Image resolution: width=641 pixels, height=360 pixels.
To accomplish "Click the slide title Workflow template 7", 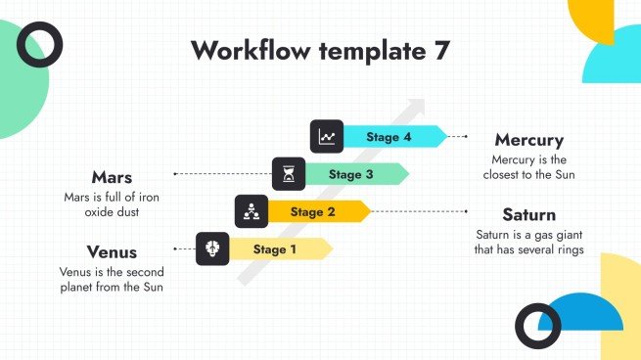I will (321, 51).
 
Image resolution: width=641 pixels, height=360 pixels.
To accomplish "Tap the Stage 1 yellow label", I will (275, 249).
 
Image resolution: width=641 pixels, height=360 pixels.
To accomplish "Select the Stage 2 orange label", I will (312, 211).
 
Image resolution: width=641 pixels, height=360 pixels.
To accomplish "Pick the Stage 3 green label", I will (350, 175).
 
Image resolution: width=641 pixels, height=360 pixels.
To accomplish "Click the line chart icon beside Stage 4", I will (326, 138).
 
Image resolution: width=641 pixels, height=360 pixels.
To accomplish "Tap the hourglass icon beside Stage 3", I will (288, 174).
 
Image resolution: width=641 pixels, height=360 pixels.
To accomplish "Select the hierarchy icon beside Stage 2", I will (251, 211).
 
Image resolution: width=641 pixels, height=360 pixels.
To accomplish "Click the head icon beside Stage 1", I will (212, 249).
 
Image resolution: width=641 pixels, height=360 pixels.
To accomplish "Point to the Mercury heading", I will (528, 140).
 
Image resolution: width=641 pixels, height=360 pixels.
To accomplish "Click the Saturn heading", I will (528, 214).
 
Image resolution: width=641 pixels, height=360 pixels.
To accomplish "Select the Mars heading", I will (112, 177).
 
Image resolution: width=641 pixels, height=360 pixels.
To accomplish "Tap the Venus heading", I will (112, 252).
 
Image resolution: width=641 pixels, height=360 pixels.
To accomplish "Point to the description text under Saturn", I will (528, 242).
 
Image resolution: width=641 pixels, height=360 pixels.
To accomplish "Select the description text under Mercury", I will (528, 167).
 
